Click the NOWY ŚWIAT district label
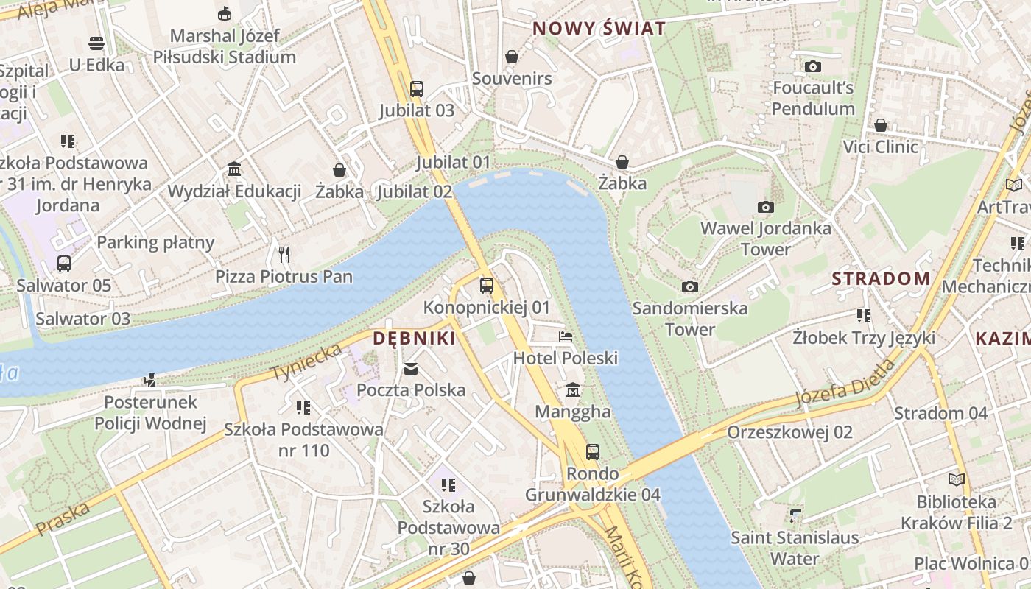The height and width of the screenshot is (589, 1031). coord(599,29)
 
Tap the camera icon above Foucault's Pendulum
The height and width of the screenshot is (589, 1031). coord(813,66)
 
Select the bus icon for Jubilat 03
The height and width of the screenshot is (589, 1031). coord(417,89)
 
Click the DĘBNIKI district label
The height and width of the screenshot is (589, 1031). coord(414,339)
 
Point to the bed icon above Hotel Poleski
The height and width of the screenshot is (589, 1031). coord(566,336)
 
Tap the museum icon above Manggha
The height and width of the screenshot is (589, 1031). coord(573,389)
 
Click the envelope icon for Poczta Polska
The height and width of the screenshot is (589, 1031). coord(411,368)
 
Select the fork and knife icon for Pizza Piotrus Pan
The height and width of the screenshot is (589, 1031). coord(284,255)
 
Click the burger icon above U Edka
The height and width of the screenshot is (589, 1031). coord(96,43)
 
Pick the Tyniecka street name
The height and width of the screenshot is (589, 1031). coord(306,361)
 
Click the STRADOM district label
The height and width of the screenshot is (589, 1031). coord(881,279)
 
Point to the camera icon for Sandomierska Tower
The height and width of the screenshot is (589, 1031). coord(689,286)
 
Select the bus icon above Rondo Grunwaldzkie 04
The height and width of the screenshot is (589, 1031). coord(593,451)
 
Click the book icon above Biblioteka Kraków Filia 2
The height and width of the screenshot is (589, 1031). coord(956,480)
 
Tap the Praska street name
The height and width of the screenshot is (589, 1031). coord(63,518)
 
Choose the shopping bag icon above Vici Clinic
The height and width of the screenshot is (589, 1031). coord(881,125)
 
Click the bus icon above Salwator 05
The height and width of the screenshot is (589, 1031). coord(64,264)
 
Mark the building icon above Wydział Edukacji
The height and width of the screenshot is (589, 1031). coord(234,169)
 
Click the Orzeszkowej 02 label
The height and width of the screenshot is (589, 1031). coord(789,432)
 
